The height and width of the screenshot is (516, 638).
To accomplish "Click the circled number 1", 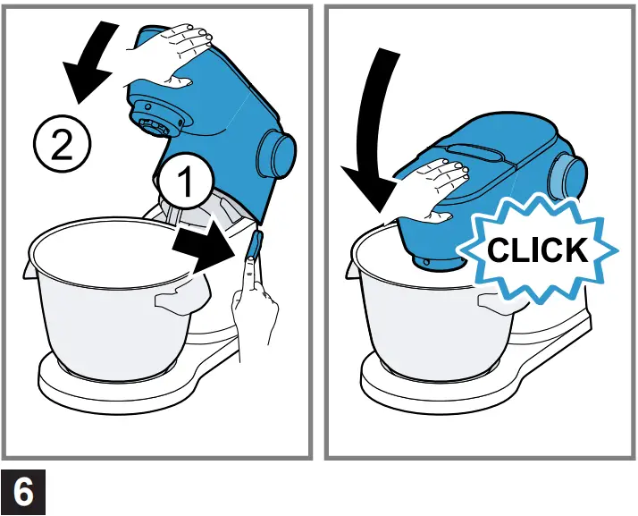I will pos(186,182).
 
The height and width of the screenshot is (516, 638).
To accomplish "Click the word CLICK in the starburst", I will pos(537,250).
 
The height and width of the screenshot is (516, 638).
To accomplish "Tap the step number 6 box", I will pos(24,492).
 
